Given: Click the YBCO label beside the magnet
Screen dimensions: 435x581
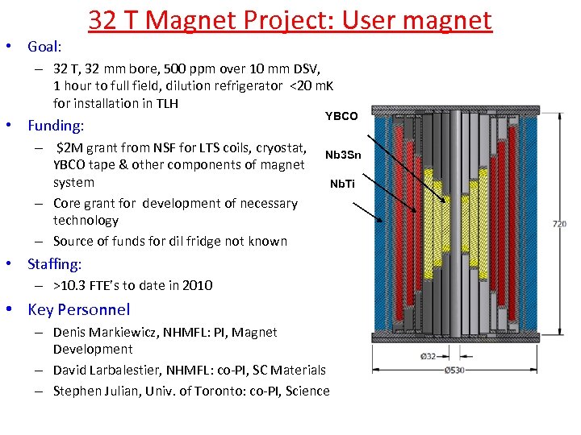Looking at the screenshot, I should coord(341,117).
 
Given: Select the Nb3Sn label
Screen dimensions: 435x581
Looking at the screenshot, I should coord(343,155).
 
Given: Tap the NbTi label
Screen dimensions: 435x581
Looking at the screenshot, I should coord(342,184).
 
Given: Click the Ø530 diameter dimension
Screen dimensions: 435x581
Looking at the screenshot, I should coord(455,371).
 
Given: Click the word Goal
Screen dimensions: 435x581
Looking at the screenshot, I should coord(44,47).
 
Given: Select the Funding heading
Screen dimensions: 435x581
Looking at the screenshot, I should coord(56,126).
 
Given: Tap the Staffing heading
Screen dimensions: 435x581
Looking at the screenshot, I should coord(54,264).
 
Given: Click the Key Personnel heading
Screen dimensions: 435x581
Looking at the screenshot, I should coord(78,309).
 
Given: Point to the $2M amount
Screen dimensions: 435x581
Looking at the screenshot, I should coord(70,147).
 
